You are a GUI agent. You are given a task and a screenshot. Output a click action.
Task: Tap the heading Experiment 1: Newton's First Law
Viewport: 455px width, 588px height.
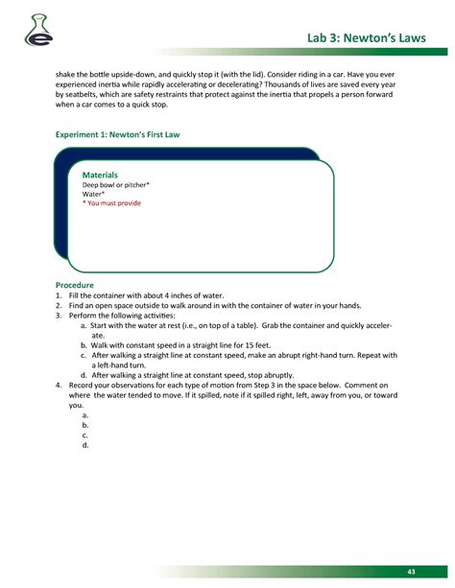coord(117,135)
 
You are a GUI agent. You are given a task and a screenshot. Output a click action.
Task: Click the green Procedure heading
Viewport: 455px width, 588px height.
coord(74,286)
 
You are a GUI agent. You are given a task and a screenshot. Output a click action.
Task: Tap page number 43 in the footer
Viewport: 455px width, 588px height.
coord(411,572)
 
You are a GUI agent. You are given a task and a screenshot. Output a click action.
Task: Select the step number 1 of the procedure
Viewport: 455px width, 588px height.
coord(58,295)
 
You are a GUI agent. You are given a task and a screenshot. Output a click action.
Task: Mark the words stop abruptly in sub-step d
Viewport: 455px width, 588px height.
coord(268,375)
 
